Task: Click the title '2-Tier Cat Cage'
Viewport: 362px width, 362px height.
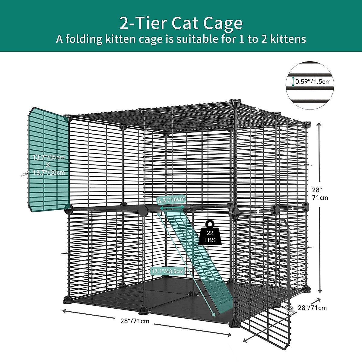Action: point(181,23)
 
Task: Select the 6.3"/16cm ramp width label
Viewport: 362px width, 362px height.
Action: point(171,199)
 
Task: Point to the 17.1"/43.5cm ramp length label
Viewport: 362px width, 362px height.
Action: point(167,271)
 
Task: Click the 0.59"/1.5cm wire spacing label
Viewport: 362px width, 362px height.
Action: point(313,81)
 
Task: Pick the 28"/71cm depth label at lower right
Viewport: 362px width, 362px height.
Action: point(312,308)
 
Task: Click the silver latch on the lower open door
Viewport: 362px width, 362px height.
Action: point(291,310)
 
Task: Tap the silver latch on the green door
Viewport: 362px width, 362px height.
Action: point(26,173)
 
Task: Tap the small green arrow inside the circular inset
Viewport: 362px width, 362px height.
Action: point(293,81)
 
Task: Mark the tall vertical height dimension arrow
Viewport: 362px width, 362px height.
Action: point(320,208)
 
